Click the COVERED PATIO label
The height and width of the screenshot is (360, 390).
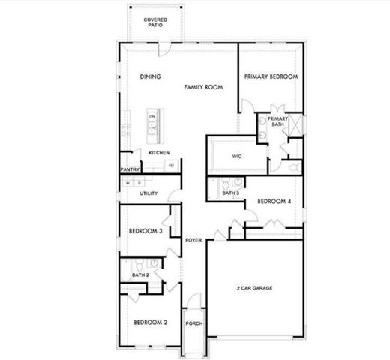tap(155, 22)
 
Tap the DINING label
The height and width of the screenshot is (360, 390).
tap(151, 77)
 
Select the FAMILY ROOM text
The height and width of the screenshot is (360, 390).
tap(204, 88)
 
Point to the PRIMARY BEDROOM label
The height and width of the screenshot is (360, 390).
tap(271, 76)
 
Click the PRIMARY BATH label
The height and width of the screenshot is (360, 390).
tap(278, 122)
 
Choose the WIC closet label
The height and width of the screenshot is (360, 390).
tap(236, 157)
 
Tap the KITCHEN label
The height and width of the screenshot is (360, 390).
tap(158, 153)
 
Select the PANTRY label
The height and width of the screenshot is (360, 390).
tap(130, 170)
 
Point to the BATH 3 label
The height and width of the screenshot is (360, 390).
tap(231, 194)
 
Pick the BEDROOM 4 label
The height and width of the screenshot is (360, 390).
tap(273, 202)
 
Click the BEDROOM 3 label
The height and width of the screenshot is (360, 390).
tap(145, 232)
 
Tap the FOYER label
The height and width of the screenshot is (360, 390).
tap(193, 241)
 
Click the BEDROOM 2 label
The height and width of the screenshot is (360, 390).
tap(150, 322)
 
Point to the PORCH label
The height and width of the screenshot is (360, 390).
tap(194, 324)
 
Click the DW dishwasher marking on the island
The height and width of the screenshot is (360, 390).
tap(152, 117)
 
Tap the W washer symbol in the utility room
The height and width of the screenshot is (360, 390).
tap(128, 183)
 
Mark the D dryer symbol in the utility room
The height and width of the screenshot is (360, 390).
tap(139, 183)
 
